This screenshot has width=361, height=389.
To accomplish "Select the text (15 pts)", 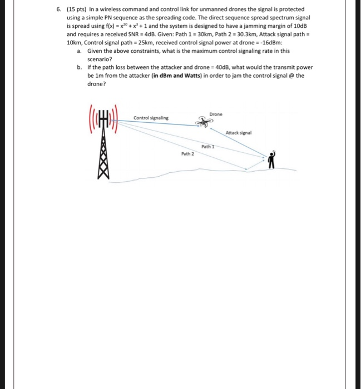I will [76, 9].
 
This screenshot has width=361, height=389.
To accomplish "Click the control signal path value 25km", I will [142, 42].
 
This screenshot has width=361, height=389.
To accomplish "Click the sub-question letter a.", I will [80, 50].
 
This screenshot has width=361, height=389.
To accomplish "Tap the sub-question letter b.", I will [80, 67].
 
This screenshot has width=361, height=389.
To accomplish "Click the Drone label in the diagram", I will [215, 114].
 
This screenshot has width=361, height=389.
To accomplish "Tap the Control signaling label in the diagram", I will [151, 118].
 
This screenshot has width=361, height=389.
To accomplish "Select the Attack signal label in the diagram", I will [239, 133].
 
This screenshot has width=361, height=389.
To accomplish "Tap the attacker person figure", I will [272, 161].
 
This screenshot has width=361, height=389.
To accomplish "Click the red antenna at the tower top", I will [102, 121].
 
